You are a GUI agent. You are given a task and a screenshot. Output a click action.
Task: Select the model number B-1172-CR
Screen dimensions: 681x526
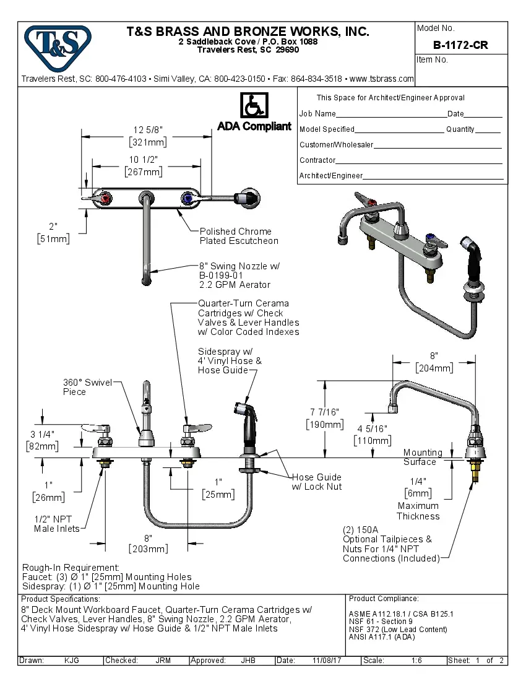point(460,45)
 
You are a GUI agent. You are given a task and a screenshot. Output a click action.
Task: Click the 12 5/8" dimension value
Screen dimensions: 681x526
point(148,130)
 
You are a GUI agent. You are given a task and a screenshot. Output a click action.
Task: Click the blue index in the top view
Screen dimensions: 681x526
point(186,198)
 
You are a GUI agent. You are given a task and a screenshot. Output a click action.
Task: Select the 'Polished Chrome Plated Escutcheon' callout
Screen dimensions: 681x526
point(238,236)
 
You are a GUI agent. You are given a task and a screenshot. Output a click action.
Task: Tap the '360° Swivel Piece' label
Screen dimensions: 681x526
point(87,387)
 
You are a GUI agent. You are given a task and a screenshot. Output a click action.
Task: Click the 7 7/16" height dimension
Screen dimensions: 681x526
point(326,412)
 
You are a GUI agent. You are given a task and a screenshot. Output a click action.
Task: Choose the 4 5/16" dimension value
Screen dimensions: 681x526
point(372,428)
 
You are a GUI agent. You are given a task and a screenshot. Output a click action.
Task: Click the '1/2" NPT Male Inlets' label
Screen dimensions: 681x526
point(57,524)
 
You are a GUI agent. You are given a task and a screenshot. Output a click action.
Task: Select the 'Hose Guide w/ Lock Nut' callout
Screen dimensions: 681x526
point(316,482)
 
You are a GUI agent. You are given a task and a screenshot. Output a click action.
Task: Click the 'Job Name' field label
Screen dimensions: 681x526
point(317,114)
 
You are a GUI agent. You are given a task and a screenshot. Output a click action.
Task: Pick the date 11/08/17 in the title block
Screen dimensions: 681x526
point(327,661)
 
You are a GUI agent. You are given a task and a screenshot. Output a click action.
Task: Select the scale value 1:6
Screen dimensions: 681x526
point(416,661)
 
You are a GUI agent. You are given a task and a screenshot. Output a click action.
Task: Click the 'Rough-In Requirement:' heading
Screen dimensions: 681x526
point(71,568)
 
